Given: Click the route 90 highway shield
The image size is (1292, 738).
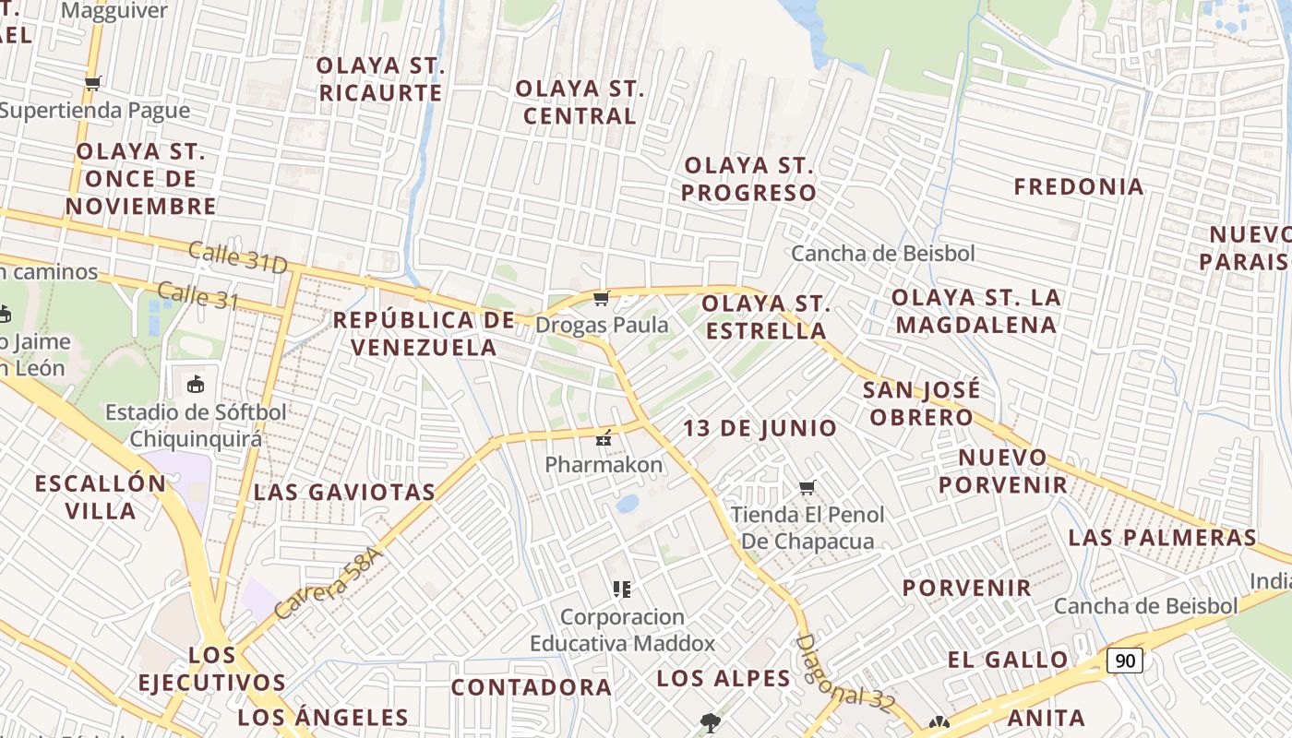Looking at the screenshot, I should pyautogui.click(x=1125, y=661).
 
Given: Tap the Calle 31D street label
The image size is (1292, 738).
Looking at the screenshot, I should pyautogui.click(x=238, y=257).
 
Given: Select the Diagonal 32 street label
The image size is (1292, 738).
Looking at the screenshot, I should pyautogui.click(x=845, y=673).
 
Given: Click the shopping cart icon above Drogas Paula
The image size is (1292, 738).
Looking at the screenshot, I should pyautogui.click(x=602, y=298).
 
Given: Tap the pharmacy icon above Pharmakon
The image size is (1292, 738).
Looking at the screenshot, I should pyautogui.click(x=604, y=437).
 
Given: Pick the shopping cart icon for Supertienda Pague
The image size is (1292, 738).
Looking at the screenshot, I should pyautogui.click(x=92, y=84).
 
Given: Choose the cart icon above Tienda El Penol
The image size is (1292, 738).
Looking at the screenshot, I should pyautogui.click(x=807, y=487).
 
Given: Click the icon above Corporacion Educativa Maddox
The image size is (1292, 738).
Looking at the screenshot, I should pyautogui.click(x=622, y=589).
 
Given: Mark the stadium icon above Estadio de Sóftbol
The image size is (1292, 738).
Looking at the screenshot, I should pyautogui.click(x=195, y=384).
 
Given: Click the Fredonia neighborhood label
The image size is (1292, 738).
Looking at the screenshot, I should pyautogui.click(x=1079, y=186).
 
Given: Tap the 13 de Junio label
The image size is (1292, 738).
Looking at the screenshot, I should pyautogui.click(x=760, y=428).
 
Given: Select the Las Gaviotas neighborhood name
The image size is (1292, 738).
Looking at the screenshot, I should pyautogui.click(x=344, y=492).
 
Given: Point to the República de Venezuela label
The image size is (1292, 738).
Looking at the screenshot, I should pyautogui.click(x=424, y=334).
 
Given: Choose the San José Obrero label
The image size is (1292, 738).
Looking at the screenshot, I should pyautogui.click(x=921, y=403).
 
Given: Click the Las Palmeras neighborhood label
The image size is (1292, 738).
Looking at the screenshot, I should pyautogui.click(x=1163, y=537).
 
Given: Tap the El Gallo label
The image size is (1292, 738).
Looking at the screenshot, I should pyautogui.click(x=1008, y=660).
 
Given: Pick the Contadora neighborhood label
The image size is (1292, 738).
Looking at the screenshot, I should pyautogui.click(x=531, y=687).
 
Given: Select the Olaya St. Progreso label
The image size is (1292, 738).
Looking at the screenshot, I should pyautogui.click(x=749, y=179).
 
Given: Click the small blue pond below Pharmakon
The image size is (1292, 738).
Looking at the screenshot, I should pyautogui.click(x=628, y=504).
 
